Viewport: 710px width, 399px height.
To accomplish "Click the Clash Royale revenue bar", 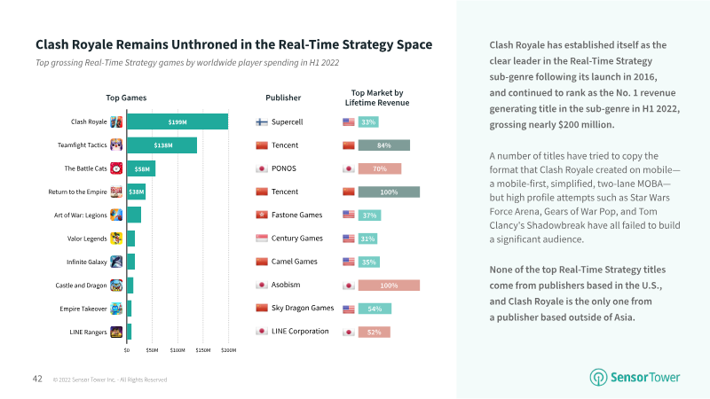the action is click(x=177, y=121).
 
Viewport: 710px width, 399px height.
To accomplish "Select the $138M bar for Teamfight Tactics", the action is click(x=162, y=145).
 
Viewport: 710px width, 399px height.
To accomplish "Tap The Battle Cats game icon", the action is click(x=116, y=168).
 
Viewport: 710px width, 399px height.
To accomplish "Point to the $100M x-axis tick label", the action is click(x=177, y=350).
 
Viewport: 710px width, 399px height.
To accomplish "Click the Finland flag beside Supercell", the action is click(x=262, y=121).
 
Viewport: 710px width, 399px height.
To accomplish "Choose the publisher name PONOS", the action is click(x=284, y=168).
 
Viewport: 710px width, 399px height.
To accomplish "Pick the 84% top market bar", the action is click(x=384, y=145).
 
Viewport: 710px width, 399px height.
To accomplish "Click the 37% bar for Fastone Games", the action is click(x=369, y=215).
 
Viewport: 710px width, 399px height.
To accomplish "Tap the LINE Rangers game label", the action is click(x=88, y=332).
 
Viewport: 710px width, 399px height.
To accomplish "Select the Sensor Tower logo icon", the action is click(x=598, y=378).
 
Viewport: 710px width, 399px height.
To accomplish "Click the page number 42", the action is click(x=37, y=379).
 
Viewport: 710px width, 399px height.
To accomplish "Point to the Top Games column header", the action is click(x=126, y=98).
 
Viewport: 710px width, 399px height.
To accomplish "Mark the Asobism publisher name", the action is click(x=286, y=285).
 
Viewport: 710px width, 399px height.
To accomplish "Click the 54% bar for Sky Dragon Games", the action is click(x=375, y=309).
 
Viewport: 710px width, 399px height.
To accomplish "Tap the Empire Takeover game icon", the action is click(x=116, y=309).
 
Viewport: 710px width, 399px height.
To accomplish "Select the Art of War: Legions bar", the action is click(x=134, y=215).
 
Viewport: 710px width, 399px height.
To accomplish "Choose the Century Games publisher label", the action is click(x=297, y=238).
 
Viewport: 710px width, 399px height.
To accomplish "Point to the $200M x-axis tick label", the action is click(x=229, y=350).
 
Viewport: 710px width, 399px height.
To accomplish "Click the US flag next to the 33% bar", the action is click(x=349, y=121).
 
